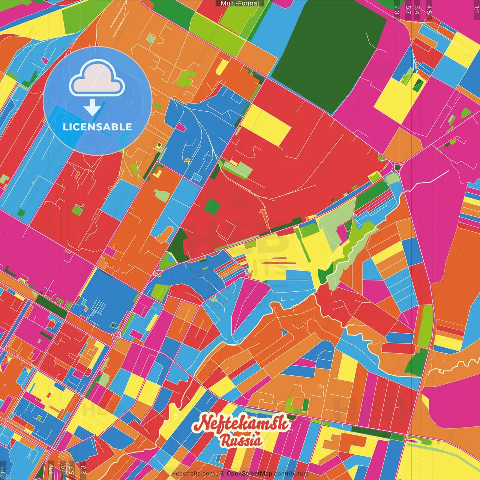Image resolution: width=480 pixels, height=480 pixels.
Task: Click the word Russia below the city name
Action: tap(241, 441)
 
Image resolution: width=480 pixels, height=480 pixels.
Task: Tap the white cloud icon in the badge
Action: tap(97, 78)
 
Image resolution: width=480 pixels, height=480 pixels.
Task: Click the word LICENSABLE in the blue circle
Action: tap(97, 127)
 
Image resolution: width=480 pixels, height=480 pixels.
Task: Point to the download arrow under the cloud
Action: tap(92, 108)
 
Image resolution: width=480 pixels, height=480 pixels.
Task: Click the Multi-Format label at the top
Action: tap(240, 3)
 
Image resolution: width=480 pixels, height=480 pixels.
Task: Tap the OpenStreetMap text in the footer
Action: tap(249, 474)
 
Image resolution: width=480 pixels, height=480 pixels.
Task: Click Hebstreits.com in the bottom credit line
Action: tap(193, 474)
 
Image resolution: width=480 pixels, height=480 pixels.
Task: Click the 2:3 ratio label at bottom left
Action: tap(83, 469)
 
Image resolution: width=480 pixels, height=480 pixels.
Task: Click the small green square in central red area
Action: tap(212, 207)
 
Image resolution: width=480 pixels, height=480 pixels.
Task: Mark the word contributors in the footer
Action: tap(291, 474)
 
